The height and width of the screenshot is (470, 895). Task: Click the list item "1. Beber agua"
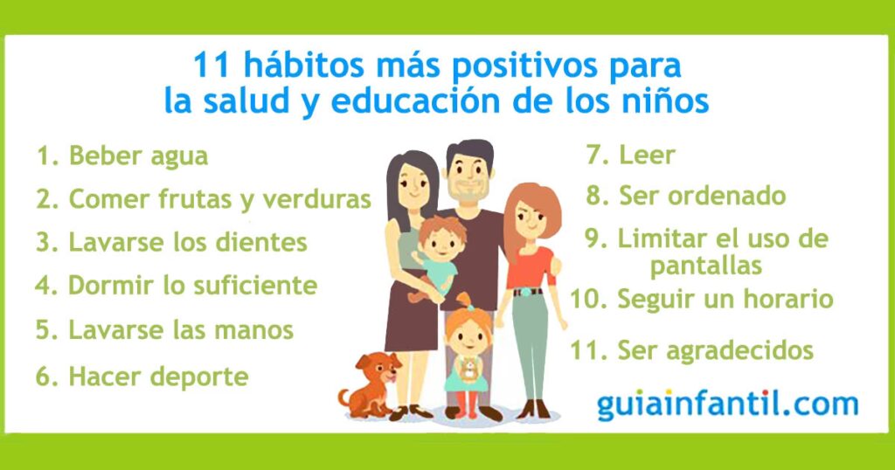(122, 156)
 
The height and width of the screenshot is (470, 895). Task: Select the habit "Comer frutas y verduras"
(219, 200)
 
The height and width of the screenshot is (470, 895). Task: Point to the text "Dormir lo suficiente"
(192, 285)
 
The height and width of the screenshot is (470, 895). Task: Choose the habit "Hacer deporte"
(158, 377)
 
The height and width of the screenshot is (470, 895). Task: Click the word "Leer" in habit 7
(648, 156)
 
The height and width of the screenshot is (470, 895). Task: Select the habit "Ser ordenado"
(702, 196)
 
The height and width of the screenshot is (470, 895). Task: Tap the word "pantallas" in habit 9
(706, 266)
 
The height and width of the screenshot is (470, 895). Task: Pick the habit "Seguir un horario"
(725, 299)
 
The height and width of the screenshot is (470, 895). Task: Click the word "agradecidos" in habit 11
(739, 351)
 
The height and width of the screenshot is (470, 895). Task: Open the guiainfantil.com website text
(728, 404)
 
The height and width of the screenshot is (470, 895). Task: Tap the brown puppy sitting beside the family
(369, 385)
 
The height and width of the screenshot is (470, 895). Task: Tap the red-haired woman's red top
(531, 268)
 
